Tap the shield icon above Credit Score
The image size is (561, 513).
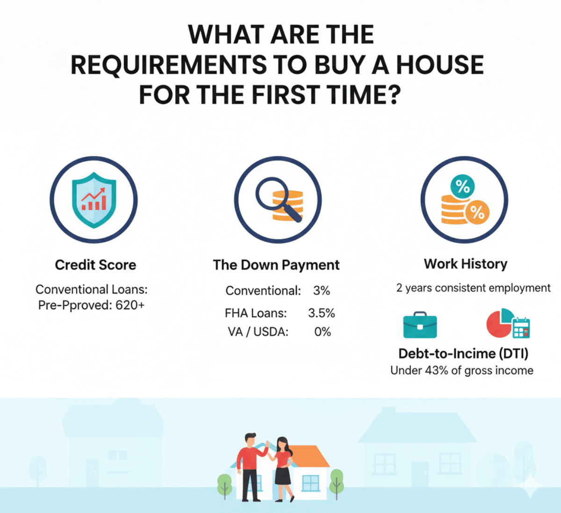click(x=94, y=199)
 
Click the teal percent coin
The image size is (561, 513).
click(x=462, y=187)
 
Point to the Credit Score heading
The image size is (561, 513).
click(x=95, y=265)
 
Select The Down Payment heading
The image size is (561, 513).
click(x=276, y=265)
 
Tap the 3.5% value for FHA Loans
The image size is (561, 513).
click(x=321, y=313)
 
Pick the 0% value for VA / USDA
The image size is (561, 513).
click(x=322, y=332)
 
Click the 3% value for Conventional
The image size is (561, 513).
click(x=322, y=291)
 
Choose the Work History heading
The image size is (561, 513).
click(x=465, y=264)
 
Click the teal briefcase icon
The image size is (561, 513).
click(x=420, y=325)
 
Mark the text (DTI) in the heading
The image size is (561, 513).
click(x=513, y=353)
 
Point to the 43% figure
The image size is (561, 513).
click(x=436, y=370)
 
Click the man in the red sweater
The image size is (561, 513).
click(x=250, y=463)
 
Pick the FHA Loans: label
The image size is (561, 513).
click(x=256, y=313)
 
